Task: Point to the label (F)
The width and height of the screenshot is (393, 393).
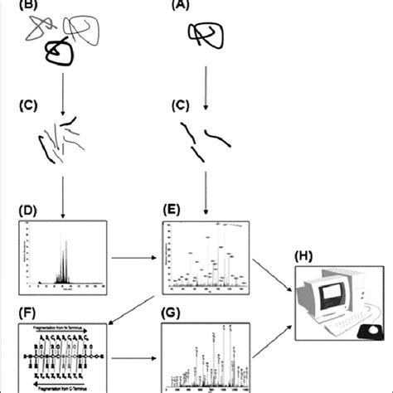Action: tap(27, 315)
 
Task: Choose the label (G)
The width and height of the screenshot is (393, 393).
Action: tap(175, 315)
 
